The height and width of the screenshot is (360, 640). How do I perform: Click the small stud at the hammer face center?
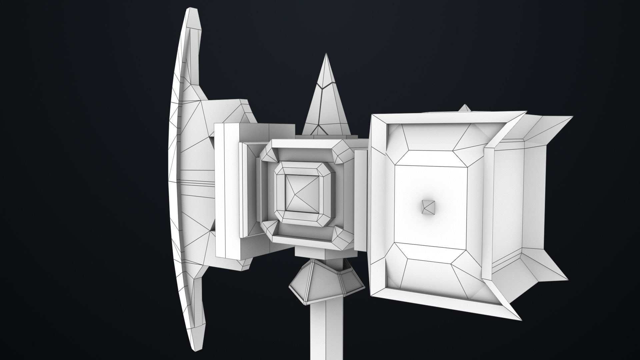point(428,207)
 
